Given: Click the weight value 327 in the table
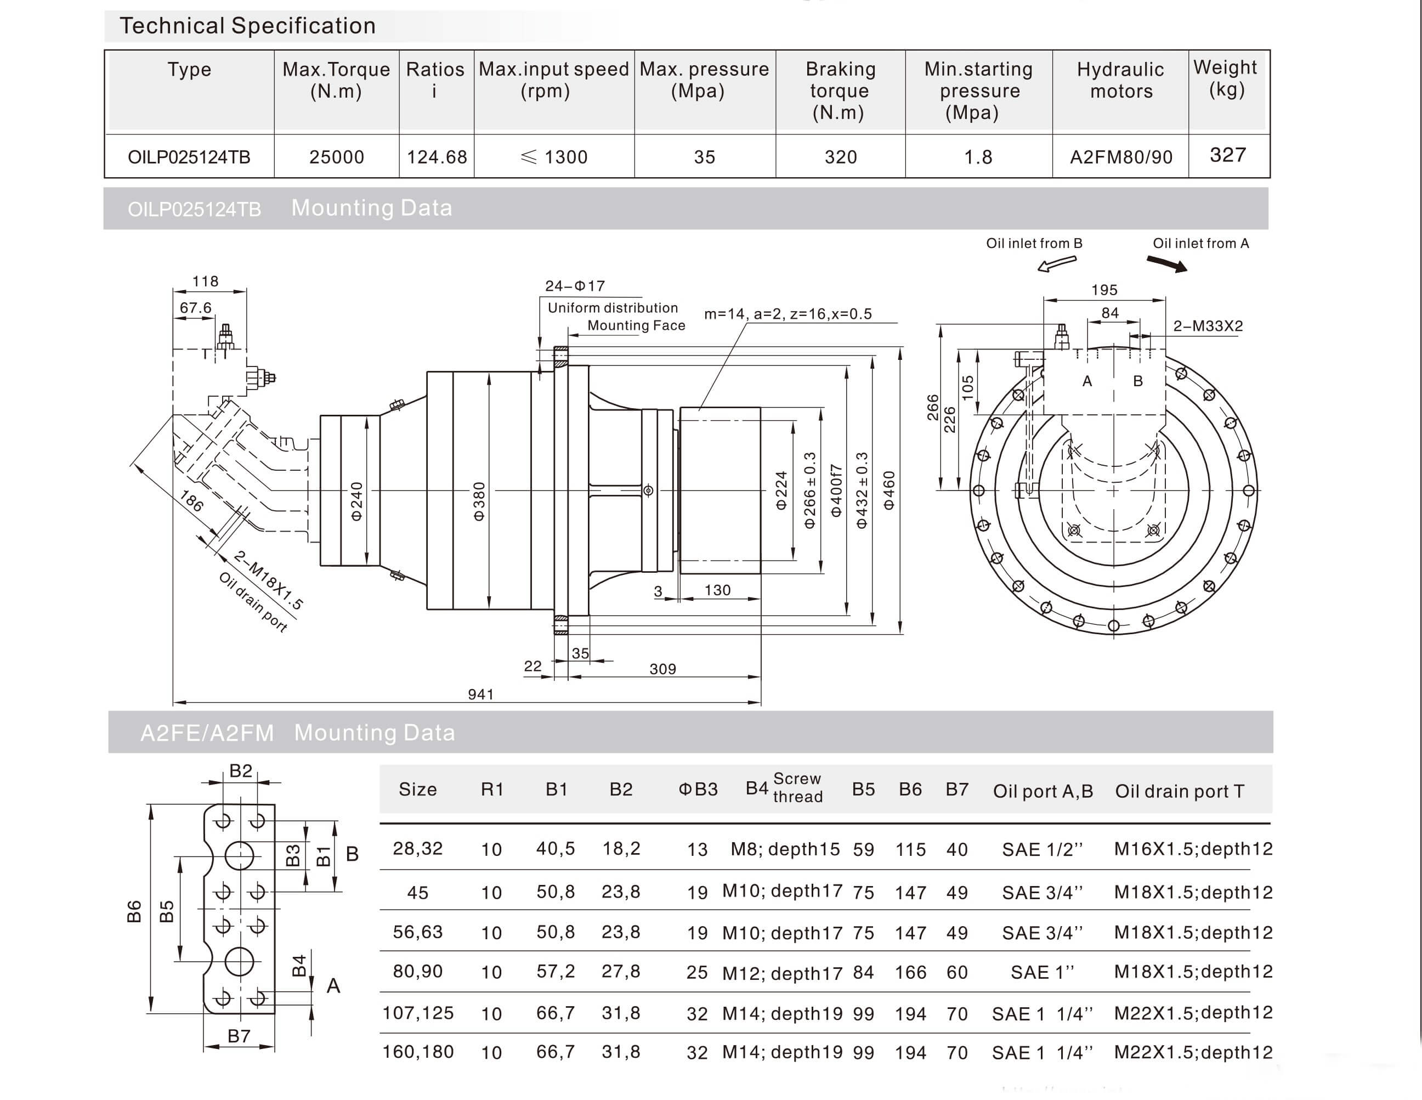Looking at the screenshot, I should [1227, 155].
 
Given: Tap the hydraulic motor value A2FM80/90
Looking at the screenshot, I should [1120, 157].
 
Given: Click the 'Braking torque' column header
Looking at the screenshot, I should [840, 91].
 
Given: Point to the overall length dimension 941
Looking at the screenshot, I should [480, 694].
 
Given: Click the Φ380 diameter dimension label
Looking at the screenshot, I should [479, 501].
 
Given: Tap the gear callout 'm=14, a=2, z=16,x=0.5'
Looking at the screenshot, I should [788, 314].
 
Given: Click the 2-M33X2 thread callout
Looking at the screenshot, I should [1208, 326].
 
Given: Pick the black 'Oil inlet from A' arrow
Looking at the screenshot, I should [1167, 263].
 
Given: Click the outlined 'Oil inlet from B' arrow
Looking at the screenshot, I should [1056, 263].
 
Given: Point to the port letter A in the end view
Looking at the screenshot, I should [1087, 381].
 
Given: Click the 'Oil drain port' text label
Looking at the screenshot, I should [253, 602].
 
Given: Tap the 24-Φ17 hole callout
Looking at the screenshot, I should [574, 286].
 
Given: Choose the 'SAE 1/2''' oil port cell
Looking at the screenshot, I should [1042, 849].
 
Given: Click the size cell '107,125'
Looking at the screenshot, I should [417, 1013].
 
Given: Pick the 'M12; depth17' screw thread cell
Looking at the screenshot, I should [782, 972].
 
